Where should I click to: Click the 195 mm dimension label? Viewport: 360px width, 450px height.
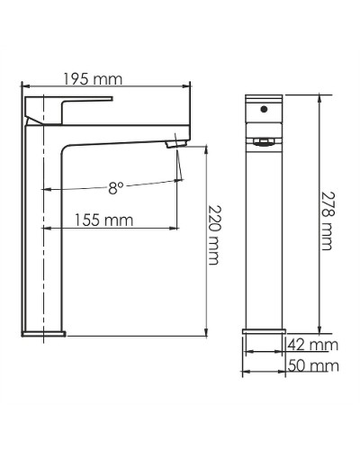click(94, 79)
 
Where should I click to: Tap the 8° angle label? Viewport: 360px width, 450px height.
click(115, 187)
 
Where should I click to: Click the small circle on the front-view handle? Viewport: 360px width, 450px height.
click(263, 108)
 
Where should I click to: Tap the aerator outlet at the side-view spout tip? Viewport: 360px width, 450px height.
click(175, 143)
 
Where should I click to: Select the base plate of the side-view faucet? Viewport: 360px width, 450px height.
click(43, 334)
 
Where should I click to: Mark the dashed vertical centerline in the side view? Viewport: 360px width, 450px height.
click(43, 225)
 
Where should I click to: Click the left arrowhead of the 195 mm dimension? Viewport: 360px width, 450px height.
click(24, 87)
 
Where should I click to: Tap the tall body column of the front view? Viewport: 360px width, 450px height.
click(263, 234)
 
